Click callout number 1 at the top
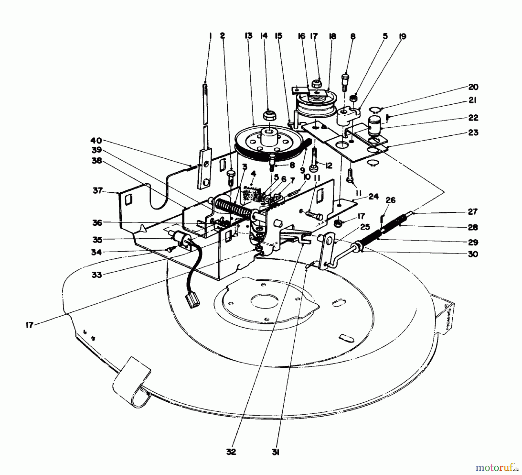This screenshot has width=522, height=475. pos(211,36)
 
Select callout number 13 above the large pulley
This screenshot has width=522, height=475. pos(249,36)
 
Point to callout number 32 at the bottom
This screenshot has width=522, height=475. pos(231,452)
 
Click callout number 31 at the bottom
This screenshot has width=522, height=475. pos(275,452)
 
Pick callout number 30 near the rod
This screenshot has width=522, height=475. pos(473,254)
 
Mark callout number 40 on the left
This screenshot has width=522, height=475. pos(96,141)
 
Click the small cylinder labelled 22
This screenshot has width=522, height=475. pos(374,125)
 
